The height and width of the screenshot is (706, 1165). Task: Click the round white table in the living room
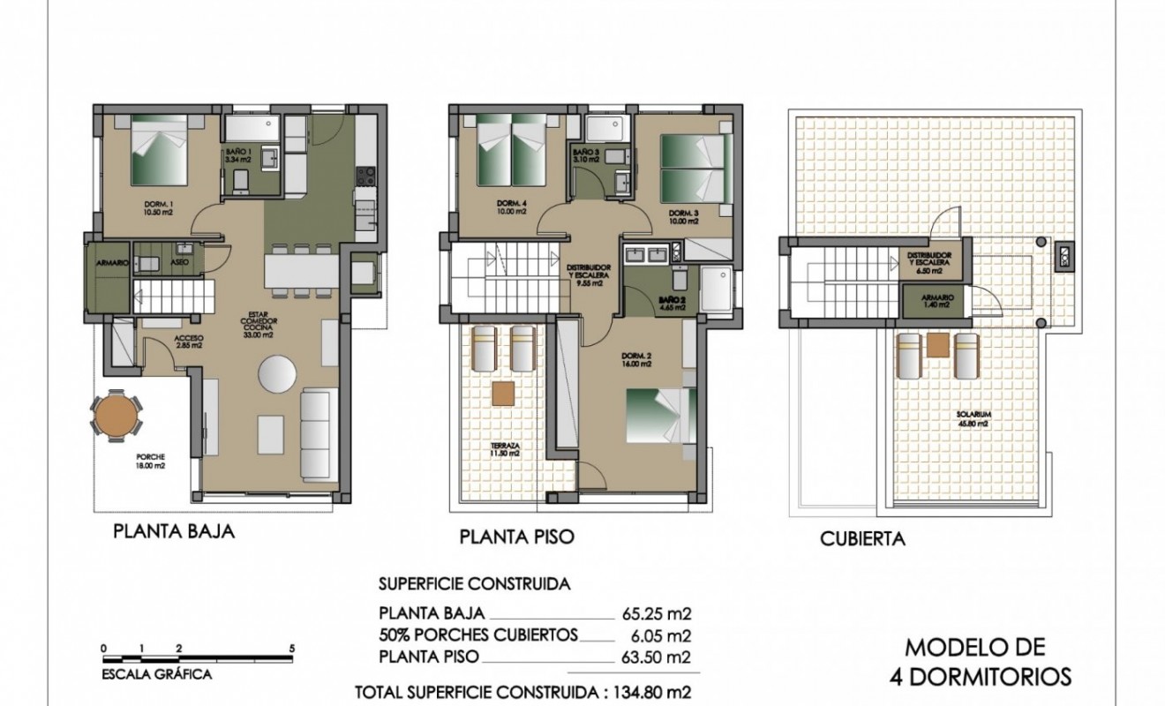[278, 374]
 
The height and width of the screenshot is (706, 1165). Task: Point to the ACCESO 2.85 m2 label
[188, 342]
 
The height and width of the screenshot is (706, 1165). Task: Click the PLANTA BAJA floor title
[173, 532]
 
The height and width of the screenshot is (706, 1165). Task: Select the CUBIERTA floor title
[862, 538]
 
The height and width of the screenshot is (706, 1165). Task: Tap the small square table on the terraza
[504, 391]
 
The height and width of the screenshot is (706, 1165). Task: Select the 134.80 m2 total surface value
[648, 692]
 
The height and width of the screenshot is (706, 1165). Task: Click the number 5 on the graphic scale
[291, 648]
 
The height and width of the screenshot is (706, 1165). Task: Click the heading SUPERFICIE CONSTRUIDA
[474, 584]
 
